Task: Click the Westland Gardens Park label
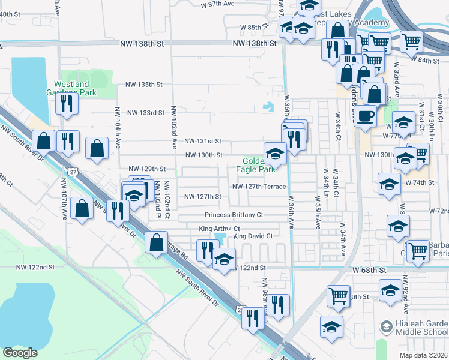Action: click(x=75, y=88)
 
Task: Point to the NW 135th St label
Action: click(x=143, y=85)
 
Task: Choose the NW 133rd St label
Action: click(x=145, y=113)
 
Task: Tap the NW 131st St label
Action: click(x=203, y=142)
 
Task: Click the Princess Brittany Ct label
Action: click(x=234, y=215)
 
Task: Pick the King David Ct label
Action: click(x=253, y=236)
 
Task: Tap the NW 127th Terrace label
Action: click(x=259, y=187)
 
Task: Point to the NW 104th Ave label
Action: click(x=118, y=128)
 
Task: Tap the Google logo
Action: click(x=20, y=353)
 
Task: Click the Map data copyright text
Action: click(x=424, y=355)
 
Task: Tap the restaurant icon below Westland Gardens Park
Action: click(x=67, y=104)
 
